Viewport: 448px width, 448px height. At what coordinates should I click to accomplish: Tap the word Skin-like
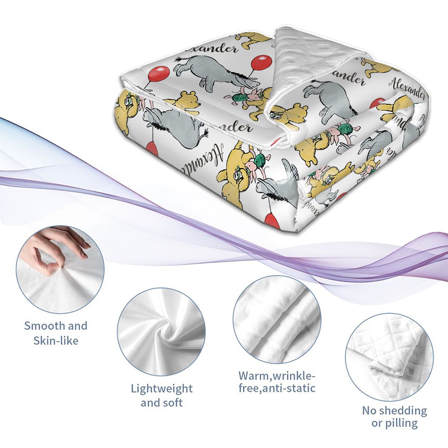pos(56,341)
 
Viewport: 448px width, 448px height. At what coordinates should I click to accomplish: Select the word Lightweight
pos(161,388)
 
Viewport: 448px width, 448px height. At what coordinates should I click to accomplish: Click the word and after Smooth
pos(78,326)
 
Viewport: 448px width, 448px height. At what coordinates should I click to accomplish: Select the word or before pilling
pos(378,423)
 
